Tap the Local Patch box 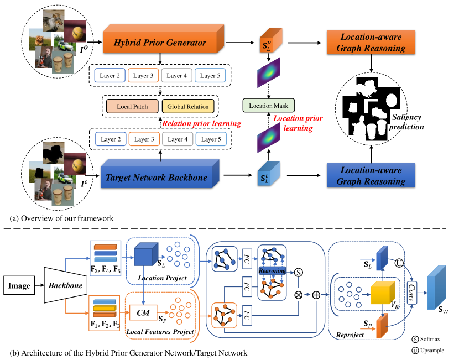pos(132,106)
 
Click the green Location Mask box pos(269,105)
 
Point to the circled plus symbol pos(317,295)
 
